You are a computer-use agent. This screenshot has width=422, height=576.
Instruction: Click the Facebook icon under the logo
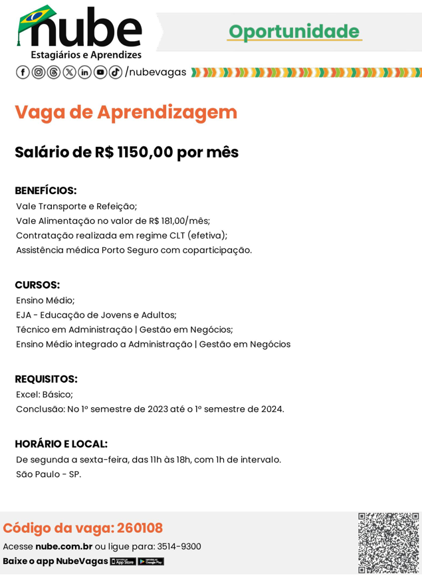click(23, 72)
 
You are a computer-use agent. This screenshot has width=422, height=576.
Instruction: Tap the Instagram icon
click(39, 72)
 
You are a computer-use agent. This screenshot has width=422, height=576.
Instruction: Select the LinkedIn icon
click(85, 72)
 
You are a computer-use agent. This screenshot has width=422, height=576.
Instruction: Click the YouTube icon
click(100, 72)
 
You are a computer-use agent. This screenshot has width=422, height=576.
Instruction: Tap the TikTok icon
click(116, 72)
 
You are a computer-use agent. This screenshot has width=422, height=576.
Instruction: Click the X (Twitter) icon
click(69, 72)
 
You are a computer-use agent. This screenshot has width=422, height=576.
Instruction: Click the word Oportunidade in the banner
click(294, 31)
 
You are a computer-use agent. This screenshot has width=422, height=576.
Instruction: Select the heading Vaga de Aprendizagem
click(126, 112)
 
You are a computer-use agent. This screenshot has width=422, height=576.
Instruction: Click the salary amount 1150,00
click(144, 152)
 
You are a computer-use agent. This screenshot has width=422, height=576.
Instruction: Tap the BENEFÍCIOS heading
click(46, 191)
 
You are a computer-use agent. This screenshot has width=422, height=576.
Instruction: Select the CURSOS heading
click(37, 285)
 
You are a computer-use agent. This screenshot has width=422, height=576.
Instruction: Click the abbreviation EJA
click(24, 315)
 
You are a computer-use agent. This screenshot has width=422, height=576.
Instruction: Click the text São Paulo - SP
click(49, 474)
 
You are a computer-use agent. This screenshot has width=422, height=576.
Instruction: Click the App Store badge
click(123, 561)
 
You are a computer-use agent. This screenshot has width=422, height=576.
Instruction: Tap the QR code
click(388, 543)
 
